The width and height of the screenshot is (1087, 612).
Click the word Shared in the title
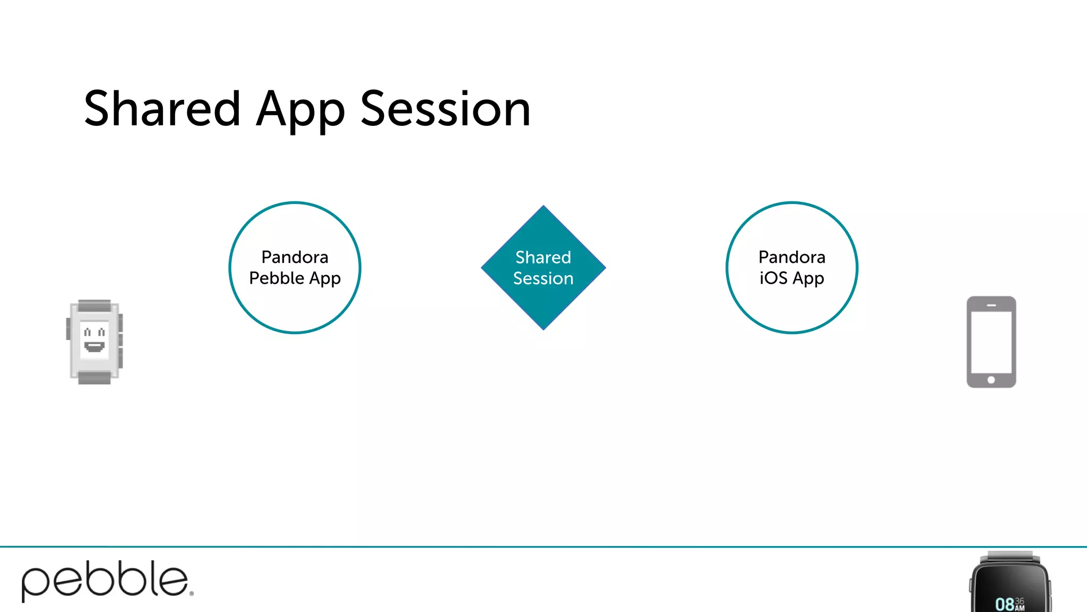(162, 109)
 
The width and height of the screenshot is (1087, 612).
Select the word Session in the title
(445, 109)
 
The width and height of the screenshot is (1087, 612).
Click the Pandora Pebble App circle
(295, 308)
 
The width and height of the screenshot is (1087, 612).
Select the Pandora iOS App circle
(791, 308)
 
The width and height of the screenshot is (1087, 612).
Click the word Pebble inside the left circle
(277, 278)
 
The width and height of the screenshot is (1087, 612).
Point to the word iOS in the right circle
(773, 278)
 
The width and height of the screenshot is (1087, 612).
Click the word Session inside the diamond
(543, 278)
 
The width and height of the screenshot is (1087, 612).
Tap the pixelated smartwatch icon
(94, 342)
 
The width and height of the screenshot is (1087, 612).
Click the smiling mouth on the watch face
(94, 347)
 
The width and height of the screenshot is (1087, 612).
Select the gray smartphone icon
(991, 342)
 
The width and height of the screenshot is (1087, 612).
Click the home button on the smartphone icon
(991, 380)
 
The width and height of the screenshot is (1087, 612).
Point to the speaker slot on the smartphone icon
(991, 305)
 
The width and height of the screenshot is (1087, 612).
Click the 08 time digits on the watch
(1004, 604)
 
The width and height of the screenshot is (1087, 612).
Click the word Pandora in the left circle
(295, 257)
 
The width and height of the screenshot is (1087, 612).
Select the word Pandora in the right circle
(791, 257)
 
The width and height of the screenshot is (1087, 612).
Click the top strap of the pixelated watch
(94, 305)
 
